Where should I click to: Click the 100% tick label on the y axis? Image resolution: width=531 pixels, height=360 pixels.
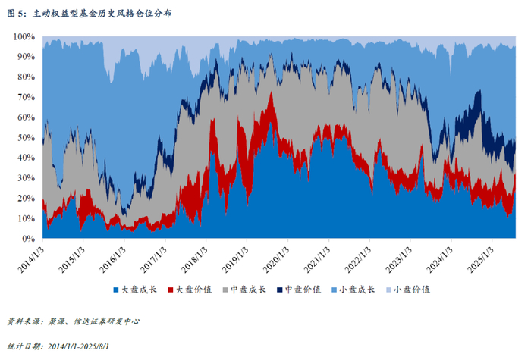pyautogui.click(x=24, y=36)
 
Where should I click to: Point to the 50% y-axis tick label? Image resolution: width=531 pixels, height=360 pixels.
pyautogui.click(x=26, y=138)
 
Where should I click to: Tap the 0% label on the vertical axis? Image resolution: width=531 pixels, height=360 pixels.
pyautogui.click(x=28, y=239)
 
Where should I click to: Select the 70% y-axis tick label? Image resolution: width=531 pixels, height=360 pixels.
pyautogui.click(x=26, y=97)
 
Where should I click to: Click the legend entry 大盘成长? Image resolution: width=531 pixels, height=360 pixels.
pyautogui.click(x=135, y=290)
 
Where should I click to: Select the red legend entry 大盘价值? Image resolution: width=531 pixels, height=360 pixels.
pyautogui.click(x=190, y=290)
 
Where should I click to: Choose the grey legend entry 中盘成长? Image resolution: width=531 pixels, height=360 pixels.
pyautogui.click(x=244, y=290)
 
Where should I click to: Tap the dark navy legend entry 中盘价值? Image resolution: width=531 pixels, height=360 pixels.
pyautogui.click(x=298, y=290)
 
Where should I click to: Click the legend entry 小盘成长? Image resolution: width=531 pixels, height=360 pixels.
pyautogui.click(x=353, y=290)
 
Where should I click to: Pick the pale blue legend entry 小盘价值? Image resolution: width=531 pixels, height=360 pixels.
pyautogui.click(x=408, y=290)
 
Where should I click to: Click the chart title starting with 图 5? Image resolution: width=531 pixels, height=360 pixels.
pyautogui.click(x=90, y=14)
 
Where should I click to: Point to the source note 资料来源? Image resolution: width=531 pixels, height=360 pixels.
pyautogui.click(x=73, y=321)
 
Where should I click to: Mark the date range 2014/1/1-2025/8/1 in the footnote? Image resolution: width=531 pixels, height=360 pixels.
pyautogui.click(x=78, y=346)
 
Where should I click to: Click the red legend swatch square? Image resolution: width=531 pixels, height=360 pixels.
pyautogui.click(x=171, y=290)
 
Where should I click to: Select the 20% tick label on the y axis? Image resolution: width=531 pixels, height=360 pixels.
pyautogui.click(x=26, y=199)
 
